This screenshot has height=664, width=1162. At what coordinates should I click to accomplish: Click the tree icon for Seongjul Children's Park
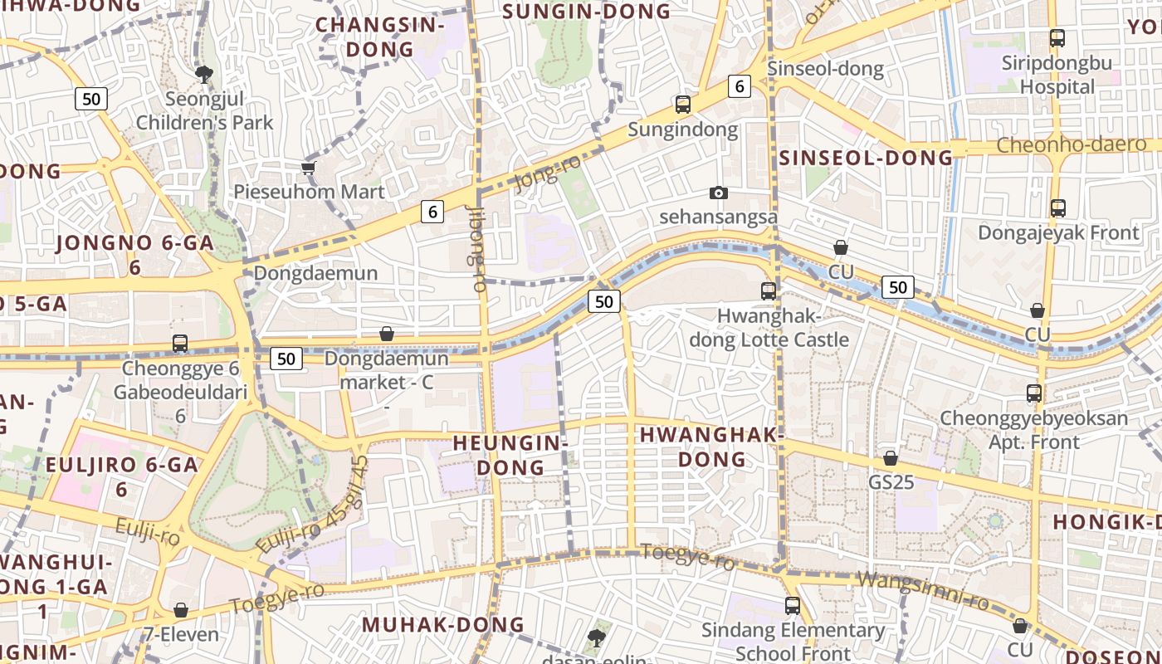pyautogui.click(x=203, y=75)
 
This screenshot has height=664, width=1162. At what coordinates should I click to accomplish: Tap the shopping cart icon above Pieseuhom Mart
pyautogui.click(x=309, y=168)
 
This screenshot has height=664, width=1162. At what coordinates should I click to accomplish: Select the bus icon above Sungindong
pyautogui.click(x=682, y=105)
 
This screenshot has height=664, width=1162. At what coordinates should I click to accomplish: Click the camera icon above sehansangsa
pyautogui.click(x=719, y=193)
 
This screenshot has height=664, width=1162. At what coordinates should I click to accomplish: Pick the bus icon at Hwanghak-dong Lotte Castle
pyautogui.click(x=769, y=291)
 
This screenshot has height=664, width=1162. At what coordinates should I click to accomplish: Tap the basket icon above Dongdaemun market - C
pyautogui.click(x=387, y=334)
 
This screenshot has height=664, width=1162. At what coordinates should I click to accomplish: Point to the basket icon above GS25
pyautogui.click(x=891, y=458)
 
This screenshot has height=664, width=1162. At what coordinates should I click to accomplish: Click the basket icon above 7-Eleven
pyautogui.click(x=181, y=611)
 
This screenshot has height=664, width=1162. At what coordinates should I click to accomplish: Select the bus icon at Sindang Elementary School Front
pyautogui.click(x=792, y=606)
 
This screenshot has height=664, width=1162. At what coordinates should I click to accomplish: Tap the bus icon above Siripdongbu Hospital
pyautogui.click(x=1057, y=38)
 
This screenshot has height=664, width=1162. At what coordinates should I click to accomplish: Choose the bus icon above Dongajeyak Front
pyautogui.click(x=1057, y=208)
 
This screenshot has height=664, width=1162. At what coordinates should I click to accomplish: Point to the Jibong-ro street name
pyautogui.click(x=476, y=248)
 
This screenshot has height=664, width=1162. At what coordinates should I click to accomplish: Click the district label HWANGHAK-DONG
pyautogui.click(x=712, y=447)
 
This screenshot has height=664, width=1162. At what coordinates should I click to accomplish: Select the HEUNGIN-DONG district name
pyautogui.click(x=510, y=455)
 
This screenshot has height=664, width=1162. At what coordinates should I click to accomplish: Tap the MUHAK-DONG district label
pyautogui.click(x=443, y=624)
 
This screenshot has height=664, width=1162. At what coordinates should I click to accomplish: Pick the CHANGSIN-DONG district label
pyautogui.click(x=379, y=37)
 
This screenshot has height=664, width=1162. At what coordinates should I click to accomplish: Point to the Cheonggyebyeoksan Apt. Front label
pyautogui.click(x=1033, y=430)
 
